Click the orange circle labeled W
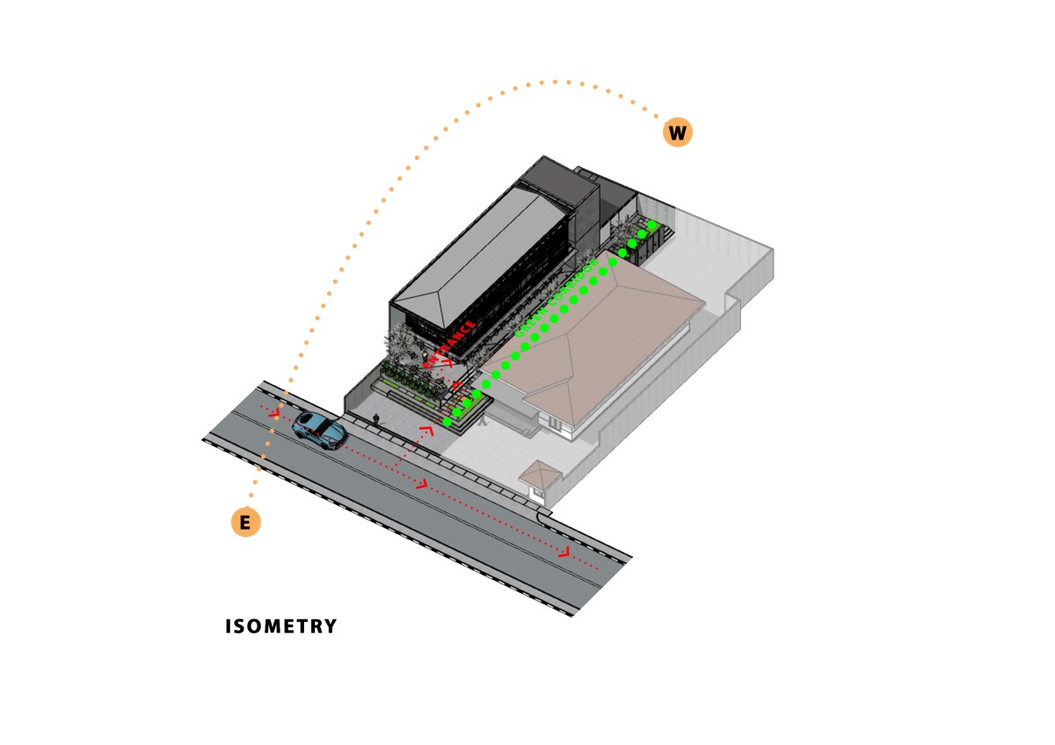pyautogui.click(x=677, y=133)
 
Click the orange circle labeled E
pyautogui.click(x=245, y=523)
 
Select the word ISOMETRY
pyautogui.click(x=280, y=626)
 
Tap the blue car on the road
pyautogui.click(x=319, y=430)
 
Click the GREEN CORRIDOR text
pyautogui.click(x=555, y=299)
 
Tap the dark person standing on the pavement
pyautogui.click(x=376, y=421)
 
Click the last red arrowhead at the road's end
pyautogui.click(x=564, y=553)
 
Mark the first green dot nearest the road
pyautogui.click(x=447, y=423)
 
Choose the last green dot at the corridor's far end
pyautogui.click(x=652, y=226)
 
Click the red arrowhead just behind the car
pyautogui.click(x=274, y=412)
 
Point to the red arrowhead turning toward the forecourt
pyautogui.click(x=427, y=430)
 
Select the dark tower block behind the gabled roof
pyautogui.click(x=563, y=193)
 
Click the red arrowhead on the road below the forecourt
pyautogui.click(x=422, y=484)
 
